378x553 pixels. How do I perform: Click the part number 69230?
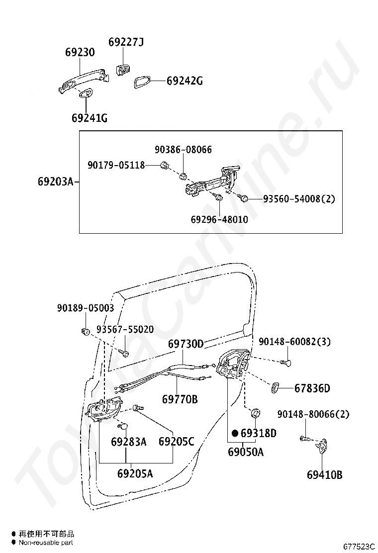[x=80, y=52]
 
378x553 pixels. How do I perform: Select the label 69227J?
[x=126, y=42]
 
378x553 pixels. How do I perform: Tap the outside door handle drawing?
[x=84, y=81]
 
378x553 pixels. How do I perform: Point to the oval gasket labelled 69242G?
[x=142, y=82]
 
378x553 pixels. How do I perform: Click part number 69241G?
[x=90, y=118]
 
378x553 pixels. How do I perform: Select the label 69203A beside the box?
[x=56, y=182]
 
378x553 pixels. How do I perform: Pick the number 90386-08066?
[x=184, y=150]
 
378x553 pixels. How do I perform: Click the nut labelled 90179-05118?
[x=164, y=165]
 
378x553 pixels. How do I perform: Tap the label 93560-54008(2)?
[x=299, y=199]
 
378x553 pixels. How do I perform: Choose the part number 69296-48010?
[x=219, y=219]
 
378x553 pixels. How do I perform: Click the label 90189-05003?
[x=86, y=308]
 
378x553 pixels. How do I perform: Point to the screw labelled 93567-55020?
[x=124, y=352]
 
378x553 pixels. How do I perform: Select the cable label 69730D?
[x=186, y=344]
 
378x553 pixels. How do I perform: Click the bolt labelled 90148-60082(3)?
[x=286, y=362]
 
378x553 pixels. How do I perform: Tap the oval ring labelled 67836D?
[x=276, y=387]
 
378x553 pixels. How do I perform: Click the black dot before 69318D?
[x=235, y=433]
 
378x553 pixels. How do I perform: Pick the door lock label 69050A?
[x=246, y=452]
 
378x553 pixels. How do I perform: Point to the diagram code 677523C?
[x=359, y=547]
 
